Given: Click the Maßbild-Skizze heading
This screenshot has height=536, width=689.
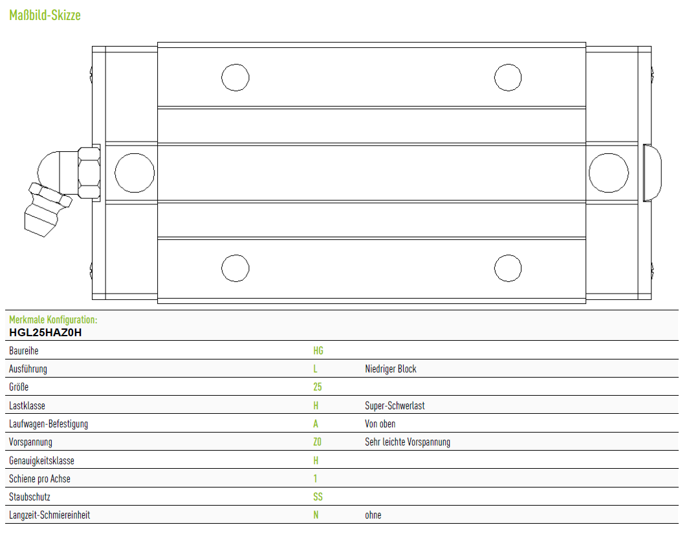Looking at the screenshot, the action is pyautogui.click(x=45, y=16).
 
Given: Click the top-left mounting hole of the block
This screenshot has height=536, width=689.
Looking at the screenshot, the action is pyautogui.click(x=235, y=77).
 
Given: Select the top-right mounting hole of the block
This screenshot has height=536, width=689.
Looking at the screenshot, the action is pyautogui.click(x=508, y=77).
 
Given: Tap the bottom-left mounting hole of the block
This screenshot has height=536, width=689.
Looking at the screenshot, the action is pyautogui.click(x=235, y=268).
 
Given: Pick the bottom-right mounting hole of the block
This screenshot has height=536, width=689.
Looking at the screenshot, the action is pyautogui.click(x=508, y=268).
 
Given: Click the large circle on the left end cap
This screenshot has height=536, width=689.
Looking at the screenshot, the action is pyautogui.click(x=135, y=173).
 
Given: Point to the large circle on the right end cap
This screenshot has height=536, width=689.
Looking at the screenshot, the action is pyautogui.click(x=609, y=173).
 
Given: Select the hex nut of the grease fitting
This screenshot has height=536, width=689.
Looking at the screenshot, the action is pyautogui.click(x=89, y=173).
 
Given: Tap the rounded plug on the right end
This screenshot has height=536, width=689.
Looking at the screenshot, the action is pyautogui.click(x=653, y=173).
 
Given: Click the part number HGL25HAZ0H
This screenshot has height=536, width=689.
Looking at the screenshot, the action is pyautogui.click(x=45, y=332).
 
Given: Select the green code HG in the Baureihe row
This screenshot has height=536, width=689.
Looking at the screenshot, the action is pyautogui.click(x=318, y=350).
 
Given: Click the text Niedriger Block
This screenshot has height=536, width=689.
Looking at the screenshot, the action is pyautogui.click(x=391, y=369).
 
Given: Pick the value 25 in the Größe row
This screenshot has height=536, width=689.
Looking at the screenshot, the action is pyautogui.click(x=317, y=387).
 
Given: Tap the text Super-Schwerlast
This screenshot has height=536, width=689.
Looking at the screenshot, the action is pyautogui.click(x=395, y=405).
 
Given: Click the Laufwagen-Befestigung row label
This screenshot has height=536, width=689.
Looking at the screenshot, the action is pyautogui.click(x=49, y=424).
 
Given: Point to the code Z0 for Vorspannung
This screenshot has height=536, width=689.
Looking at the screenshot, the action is pyautogui.click(x=317, y=442).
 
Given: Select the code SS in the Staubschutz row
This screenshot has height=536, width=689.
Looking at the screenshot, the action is pyautogui.click(x=318, y=497).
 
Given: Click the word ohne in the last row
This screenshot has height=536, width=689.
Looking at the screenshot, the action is pyautogui.click(x=373, y=515).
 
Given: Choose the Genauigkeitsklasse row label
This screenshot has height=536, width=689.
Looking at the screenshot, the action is pyautogui.click(x=42, y=460).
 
